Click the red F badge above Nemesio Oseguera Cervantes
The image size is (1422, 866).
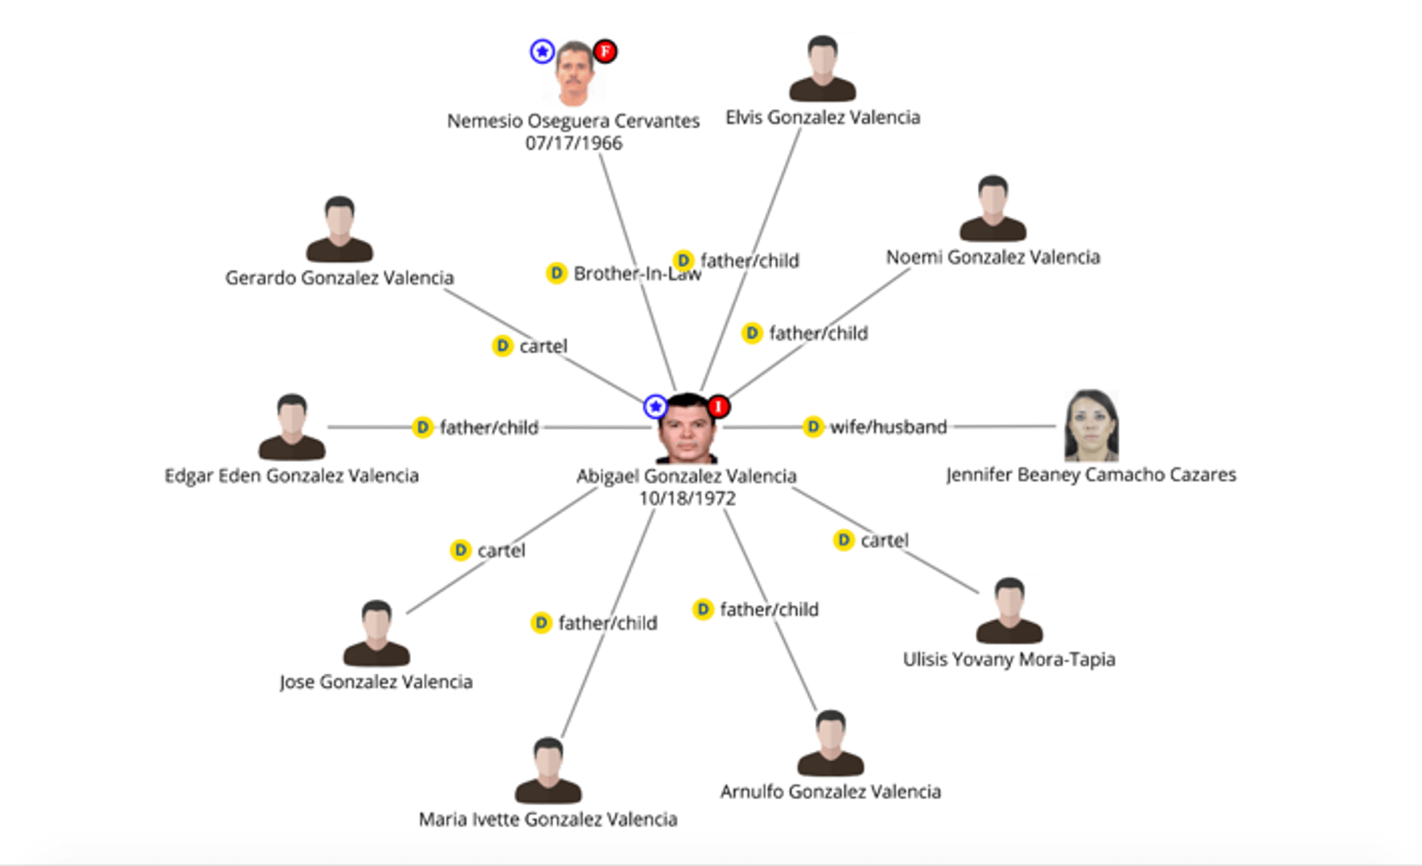tap(605, 52)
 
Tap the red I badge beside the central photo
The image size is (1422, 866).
tap(718, 407)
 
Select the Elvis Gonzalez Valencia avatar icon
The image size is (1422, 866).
tap(822, 69)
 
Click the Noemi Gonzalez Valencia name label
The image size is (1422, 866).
tap(993, 257)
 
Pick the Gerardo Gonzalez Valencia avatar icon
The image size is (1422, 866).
tap(340, 229)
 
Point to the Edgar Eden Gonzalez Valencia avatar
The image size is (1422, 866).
tap(292, 427)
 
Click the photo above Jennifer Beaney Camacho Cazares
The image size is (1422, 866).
tap(1091, 426)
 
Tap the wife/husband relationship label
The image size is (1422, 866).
tap(888, 427)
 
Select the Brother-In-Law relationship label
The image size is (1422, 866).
tap(637, 274)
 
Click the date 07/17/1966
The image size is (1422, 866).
tap(574, 144)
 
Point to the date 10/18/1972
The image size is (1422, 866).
tap(687, 499)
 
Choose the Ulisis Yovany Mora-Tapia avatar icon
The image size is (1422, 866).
tap(1009, 611)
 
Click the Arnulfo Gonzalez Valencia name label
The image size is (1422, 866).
tap(830, 791)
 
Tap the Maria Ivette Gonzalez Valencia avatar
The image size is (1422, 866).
tap(548, 771)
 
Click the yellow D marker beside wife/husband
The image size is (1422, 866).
tap(813, 427)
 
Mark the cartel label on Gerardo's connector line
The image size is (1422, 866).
tap(544, 347)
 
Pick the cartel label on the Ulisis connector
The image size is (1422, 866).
tap(884, 541)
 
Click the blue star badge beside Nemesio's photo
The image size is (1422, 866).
tap(542, 52)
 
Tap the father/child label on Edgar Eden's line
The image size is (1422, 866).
tap(489, 428)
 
